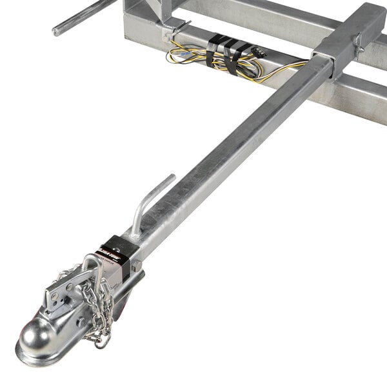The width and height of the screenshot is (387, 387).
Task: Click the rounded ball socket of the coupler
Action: coord(37,335)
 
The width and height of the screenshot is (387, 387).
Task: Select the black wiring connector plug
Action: coord(258,50)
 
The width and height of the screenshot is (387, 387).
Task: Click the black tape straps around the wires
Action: coord(223,52)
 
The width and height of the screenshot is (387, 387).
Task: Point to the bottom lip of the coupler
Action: coord(39,358)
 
